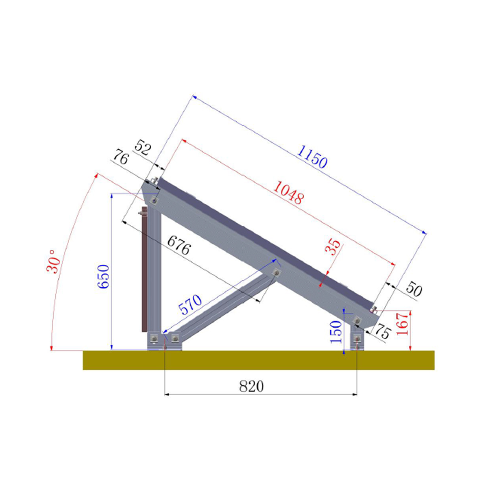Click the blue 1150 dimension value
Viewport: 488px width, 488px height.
click(x=312, y=157)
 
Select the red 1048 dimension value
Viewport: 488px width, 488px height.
click(x=288, y=192)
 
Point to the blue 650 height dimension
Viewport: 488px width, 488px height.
click(x=103, y=277)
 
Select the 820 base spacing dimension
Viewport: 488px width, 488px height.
click(x=251, y=386)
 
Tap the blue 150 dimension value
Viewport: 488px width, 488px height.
click(x=336, y=331)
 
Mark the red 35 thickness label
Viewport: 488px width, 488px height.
click(x=333, y=247)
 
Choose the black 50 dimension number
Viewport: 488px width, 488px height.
click(x=413, y=290)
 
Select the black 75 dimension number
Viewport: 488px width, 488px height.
click(x=382, y=332)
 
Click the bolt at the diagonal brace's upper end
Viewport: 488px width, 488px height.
click(x=276, y=272)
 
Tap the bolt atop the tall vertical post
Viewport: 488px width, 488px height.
click(x=155, y=200)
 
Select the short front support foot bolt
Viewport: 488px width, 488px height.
click(x=357, y=338)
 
